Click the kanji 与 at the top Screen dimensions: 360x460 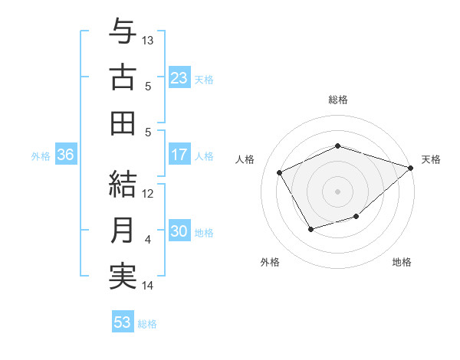click(x=123, y=31)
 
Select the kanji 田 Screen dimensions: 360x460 click(x=123, y=123)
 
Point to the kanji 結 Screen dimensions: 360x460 click(x=123, y=185)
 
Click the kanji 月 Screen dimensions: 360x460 click(x=123, y=231)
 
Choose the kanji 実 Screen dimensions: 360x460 click(x=123, y=277)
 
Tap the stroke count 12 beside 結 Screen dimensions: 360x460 click(x=149, y=194)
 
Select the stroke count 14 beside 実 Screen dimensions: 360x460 click(x=149, y=286)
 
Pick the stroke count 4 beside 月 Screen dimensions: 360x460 click(x=148, y=240)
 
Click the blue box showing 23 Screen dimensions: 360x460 click(x=179, y=77)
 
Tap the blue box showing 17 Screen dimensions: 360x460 click(x=179, y=155)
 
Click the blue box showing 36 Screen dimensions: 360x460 click(x=65, y=155)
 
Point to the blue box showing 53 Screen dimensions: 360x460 click(x=123, y=322)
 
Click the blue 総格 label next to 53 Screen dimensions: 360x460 click(x=147, y=323)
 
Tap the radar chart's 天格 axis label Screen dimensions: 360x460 click(x=431, y=159)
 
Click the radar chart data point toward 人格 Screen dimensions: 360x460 click(x=279, y=173)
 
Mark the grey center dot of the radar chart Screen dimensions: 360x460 click(x=337, y=191)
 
